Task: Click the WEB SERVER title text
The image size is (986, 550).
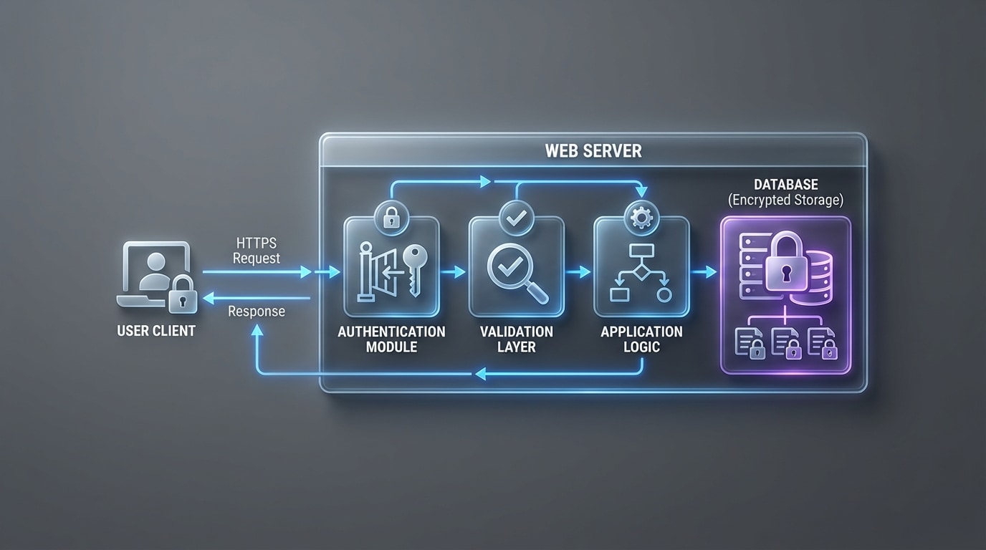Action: point(593,151)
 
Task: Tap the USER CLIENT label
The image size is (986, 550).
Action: point(156,332)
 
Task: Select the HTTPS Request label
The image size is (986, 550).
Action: point(257,251)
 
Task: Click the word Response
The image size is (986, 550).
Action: point(257,312)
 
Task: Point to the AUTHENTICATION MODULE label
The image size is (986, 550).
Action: point(391,339)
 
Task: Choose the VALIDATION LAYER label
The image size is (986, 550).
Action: point(517,339)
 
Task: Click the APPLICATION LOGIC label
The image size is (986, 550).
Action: point(641,339)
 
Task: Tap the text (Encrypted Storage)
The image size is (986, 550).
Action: point(786,201)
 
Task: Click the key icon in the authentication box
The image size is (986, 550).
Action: point(413,267)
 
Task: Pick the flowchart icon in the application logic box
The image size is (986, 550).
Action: point(641,272)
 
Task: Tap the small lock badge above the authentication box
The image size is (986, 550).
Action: point(391,217)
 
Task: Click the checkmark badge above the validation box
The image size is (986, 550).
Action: point(515,216)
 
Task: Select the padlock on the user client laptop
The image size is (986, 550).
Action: point(183,294)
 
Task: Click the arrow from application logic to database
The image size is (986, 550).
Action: point(704,272)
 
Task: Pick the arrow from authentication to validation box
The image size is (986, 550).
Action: point(454,272)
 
